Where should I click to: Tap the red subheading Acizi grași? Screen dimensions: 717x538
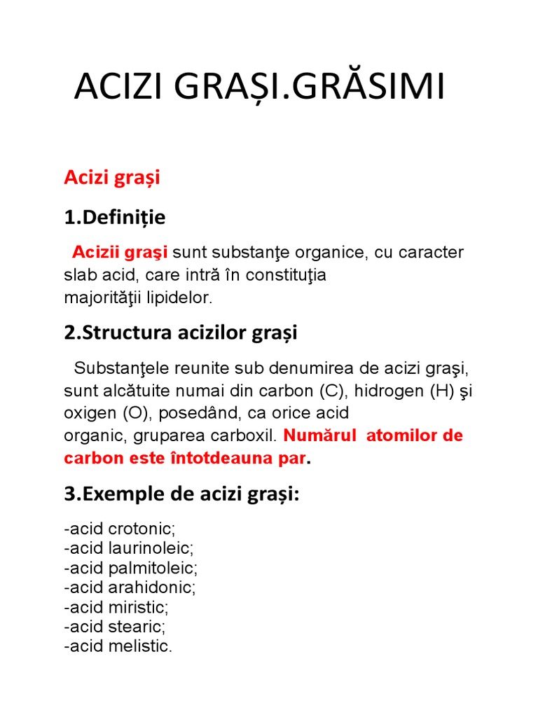click(x=112, y=178)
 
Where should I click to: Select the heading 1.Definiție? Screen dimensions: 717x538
click(x=115, y=218)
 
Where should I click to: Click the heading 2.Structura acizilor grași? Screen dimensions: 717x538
click(x=181, y=333)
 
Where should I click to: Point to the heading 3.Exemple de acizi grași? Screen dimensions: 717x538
click(x=181, y=494)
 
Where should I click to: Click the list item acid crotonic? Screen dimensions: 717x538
click(x=120, y=528)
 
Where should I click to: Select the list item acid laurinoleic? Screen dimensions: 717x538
click(x=129, y=548)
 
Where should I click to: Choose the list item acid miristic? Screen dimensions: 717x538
click(x=117, y=606)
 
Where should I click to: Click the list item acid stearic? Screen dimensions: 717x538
click(x=116, y=626)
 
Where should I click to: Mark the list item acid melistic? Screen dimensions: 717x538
click(x=118, y=646)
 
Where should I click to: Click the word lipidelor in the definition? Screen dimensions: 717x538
click(x=183, y=298)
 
